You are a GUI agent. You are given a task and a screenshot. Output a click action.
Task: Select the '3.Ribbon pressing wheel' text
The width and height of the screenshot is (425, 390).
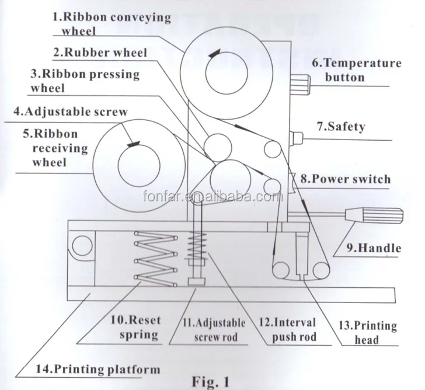[x=85, y=81]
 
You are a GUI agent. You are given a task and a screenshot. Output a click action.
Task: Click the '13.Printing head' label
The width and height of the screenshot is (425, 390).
[x=368, y=332]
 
